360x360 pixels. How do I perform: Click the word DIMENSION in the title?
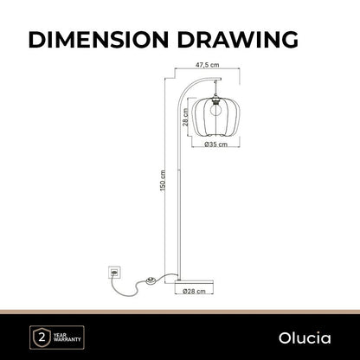tap(98, 39)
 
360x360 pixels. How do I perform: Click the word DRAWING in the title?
tap(238, 39)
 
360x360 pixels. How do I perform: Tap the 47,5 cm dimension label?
tap(207, 65)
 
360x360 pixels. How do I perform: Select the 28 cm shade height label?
tap(185, 117)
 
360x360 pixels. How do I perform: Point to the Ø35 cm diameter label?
tap(215, 145)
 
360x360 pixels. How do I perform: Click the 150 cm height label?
tap(163, 180)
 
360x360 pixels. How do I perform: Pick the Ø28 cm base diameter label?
tap(194, 291)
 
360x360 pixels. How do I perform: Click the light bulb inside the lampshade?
tap(215, 109)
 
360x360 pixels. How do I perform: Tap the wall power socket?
tap(114, 272)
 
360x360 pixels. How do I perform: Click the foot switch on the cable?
tap(151, 280)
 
